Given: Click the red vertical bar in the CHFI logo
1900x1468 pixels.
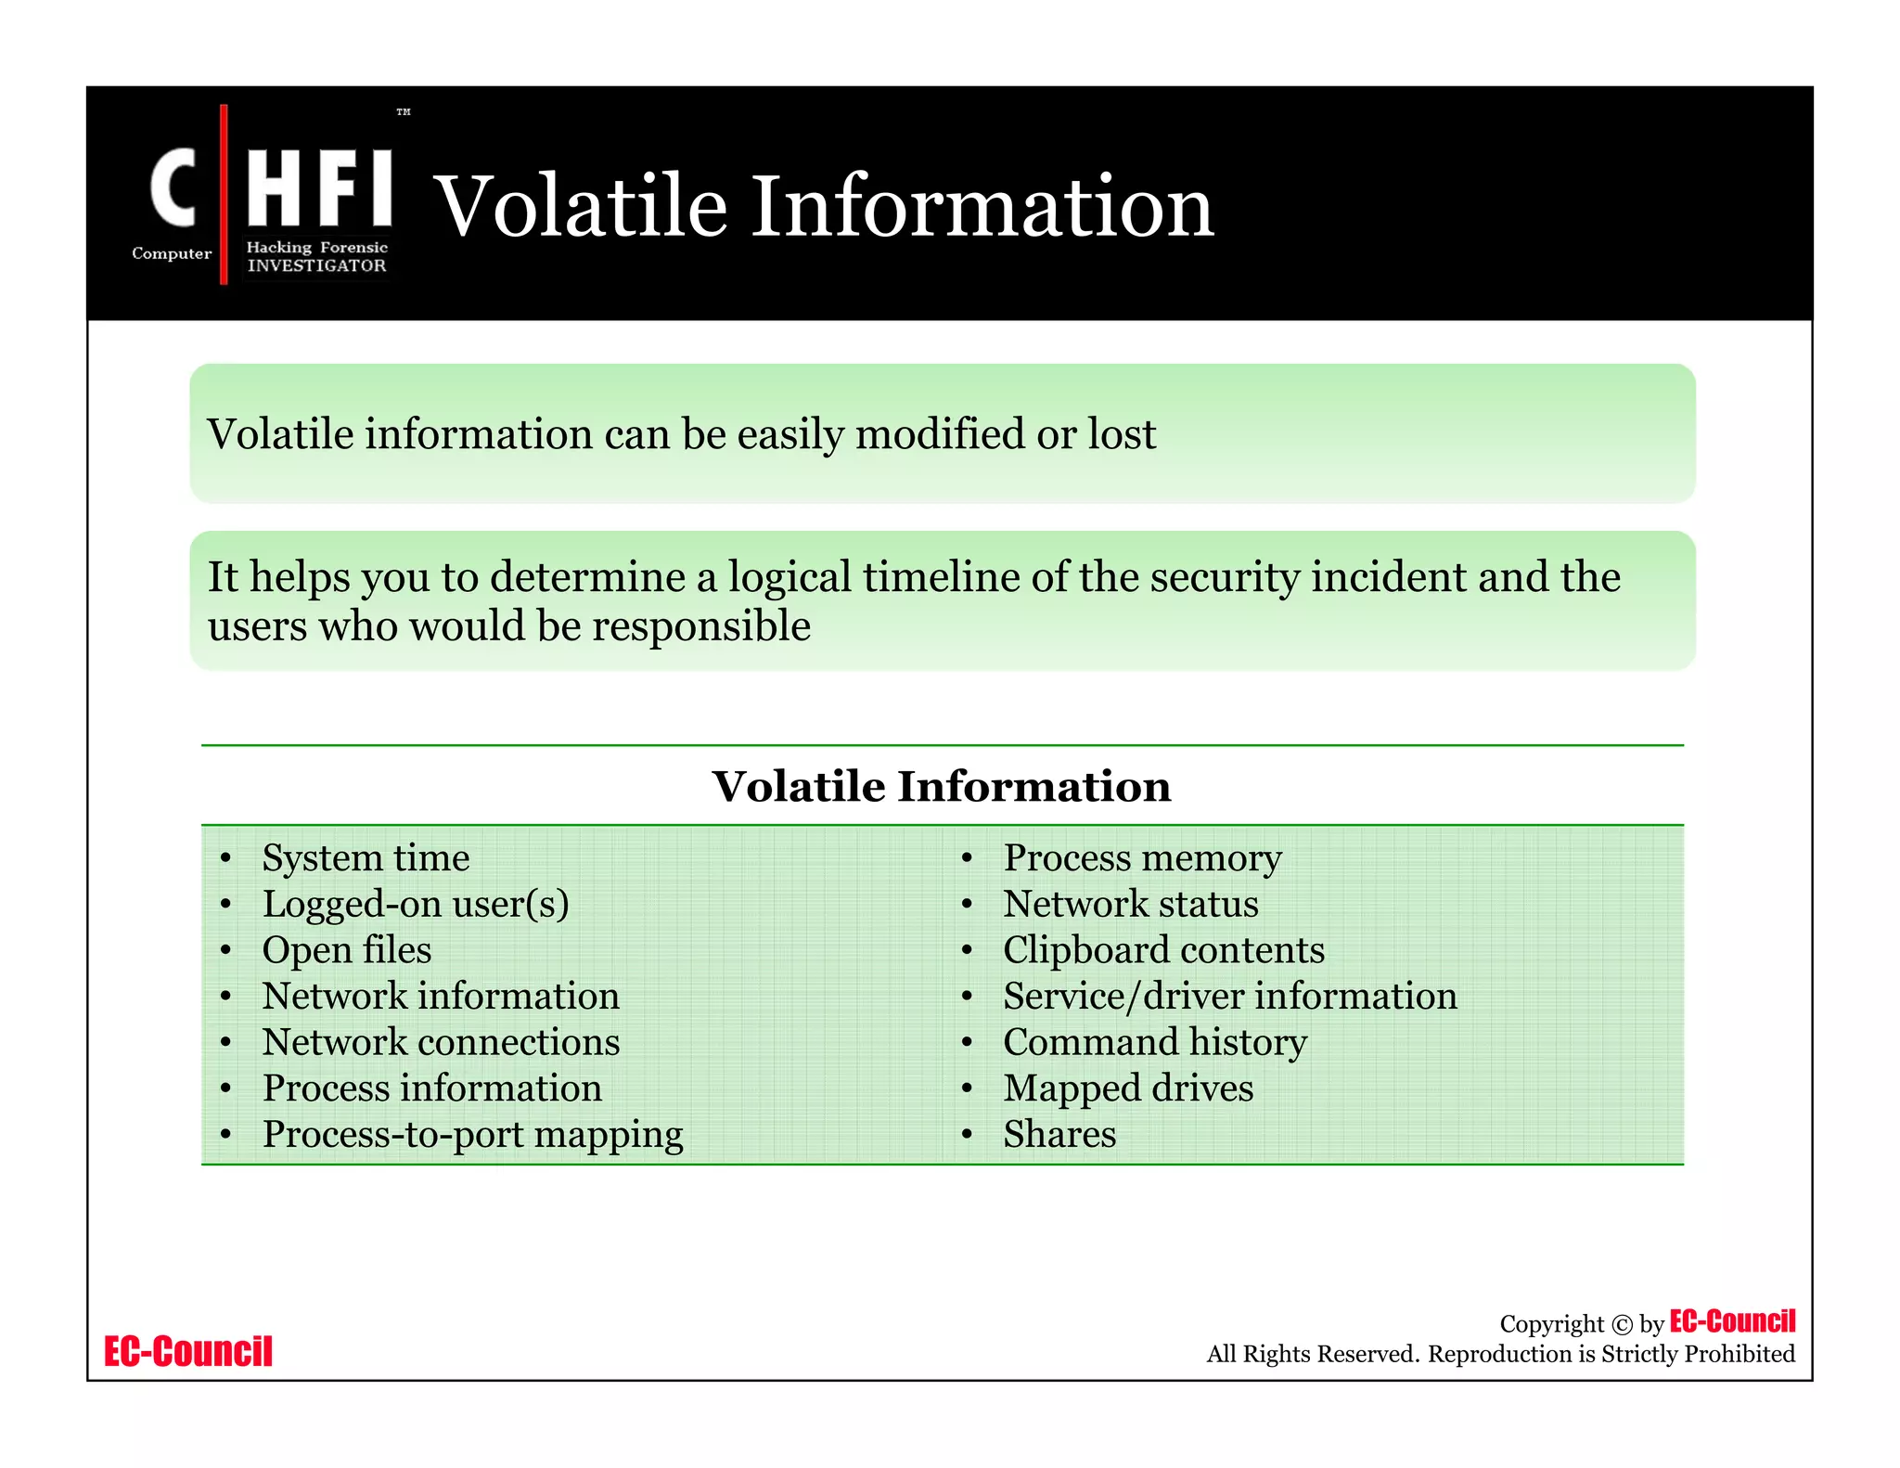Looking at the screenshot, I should pos(224,195).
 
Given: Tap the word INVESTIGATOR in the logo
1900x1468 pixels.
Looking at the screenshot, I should pos(316,265).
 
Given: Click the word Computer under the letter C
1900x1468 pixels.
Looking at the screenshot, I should pos(172,253).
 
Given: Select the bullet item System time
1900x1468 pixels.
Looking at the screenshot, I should pos(366,857).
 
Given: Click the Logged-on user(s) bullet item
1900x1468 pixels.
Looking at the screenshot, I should pos(416,904).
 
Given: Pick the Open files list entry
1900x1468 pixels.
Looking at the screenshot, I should pos(347,950).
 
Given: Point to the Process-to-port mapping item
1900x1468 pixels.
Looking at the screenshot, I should pos(472,1135).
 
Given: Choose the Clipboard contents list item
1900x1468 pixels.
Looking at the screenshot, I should pos(1163,950).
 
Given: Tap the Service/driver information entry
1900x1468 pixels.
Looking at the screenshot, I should pos(1229,997).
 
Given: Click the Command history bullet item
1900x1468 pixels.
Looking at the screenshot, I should pos(1154,1042).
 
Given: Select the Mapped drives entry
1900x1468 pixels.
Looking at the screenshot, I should pos(1128,1088).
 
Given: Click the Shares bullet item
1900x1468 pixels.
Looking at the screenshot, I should pos(1059,1135).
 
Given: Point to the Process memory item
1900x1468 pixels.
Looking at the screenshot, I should pos(1142,857).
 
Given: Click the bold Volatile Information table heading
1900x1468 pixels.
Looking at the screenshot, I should pos(941,787).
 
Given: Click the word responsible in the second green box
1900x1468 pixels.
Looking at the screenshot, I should pos(701,626).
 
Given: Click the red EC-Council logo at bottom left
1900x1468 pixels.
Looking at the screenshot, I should pos(188,1351).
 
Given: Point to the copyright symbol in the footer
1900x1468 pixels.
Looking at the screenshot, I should pos(1622,1325).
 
